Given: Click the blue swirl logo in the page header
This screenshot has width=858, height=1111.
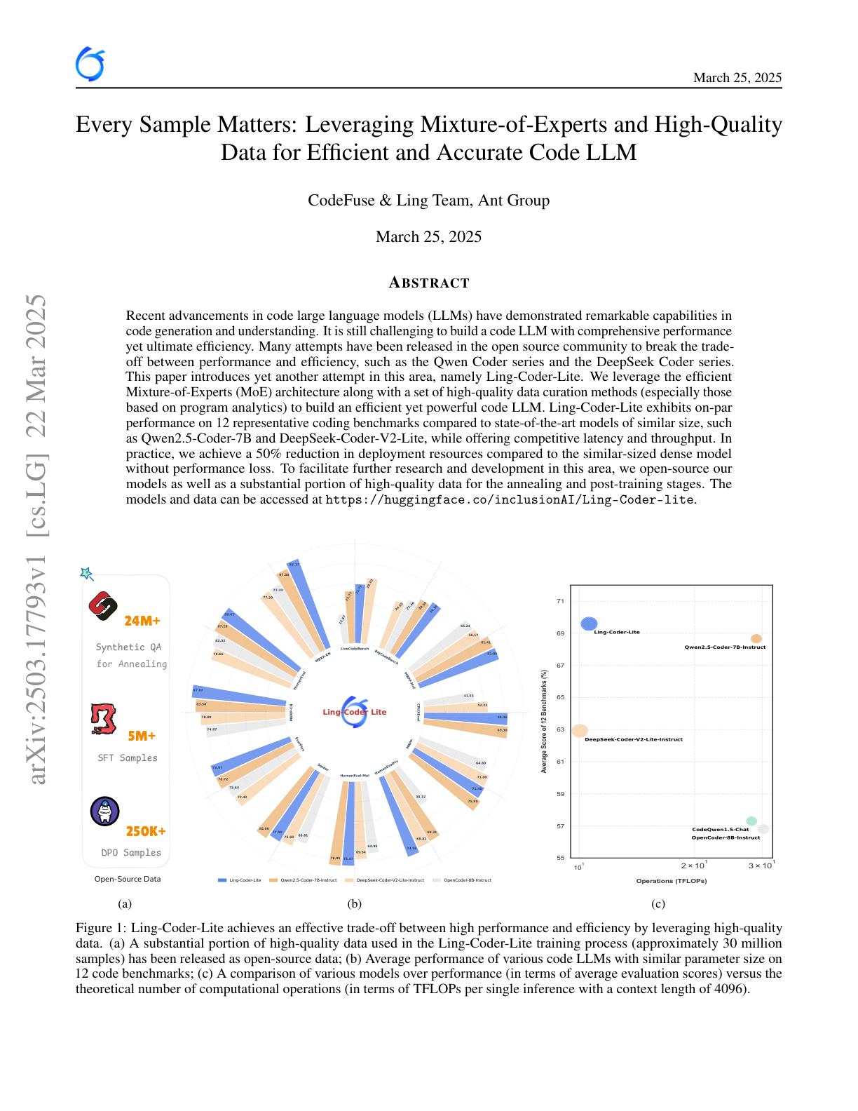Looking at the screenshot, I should (x=90, y=65).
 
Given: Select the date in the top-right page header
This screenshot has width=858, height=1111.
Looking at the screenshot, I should (x=737, y=78).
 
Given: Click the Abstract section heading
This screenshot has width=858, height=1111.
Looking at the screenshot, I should (x=428, y=283).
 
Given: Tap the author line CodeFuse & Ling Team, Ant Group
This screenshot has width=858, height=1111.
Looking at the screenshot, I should (x=428, y=201).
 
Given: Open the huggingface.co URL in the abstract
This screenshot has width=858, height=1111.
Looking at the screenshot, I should (x=510, y=500).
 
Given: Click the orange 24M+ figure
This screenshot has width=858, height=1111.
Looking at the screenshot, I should (x=142, y=621).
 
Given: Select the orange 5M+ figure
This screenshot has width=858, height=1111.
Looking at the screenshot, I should (x=142, y=736).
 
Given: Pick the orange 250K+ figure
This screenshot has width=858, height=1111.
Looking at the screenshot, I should (x=146, y=831).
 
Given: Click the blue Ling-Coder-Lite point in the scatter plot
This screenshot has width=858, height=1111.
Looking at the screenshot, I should (x=589, y=624).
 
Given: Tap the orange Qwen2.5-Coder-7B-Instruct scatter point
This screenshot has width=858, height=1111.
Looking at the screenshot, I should (x=756, y=639).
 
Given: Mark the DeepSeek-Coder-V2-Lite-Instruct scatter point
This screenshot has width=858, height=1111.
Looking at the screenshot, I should (x=580, y=730).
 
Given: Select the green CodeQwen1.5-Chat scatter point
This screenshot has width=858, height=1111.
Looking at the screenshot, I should (x=751, y=821).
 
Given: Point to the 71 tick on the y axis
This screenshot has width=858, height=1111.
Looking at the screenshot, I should (x=560, y=601).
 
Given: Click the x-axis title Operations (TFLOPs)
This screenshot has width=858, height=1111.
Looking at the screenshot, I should (x=671, y=881).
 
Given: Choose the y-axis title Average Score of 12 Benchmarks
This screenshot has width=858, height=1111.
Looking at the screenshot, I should (x=544, y=721).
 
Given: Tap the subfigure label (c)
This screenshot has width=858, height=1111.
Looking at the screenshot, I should (x=658, y=904).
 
